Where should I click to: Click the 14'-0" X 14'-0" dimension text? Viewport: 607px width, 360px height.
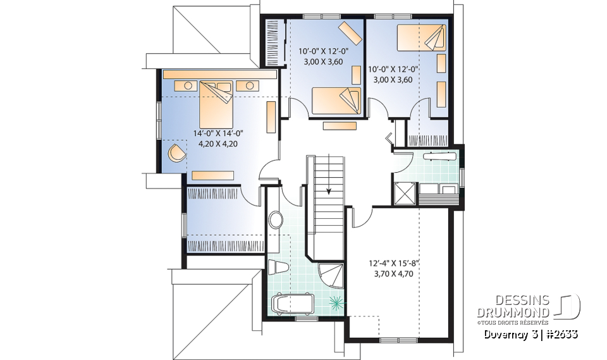pyautogui.click(x=218, y=133)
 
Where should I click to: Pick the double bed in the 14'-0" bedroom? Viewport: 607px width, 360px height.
pyautogui.click(x=218, y=104)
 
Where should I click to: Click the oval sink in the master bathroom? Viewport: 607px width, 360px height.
pyautogui.click(x=276, y=220)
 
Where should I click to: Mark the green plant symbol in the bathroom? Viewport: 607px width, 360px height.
pyautogui.click(x=338, y=302)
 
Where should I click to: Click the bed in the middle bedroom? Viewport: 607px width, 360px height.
pyautogui.click(x=336, y=100)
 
